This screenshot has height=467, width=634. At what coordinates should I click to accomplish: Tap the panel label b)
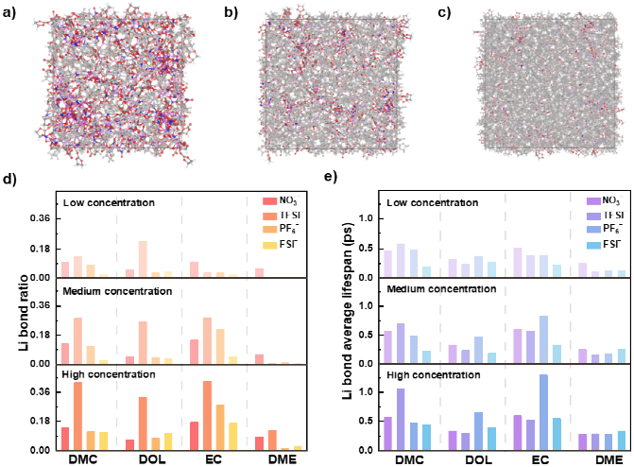[x=229, y=12]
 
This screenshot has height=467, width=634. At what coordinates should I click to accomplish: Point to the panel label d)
[x=9, y=178]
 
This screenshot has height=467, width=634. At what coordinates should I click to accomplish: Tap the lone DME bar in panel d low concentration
[x=259, y=271]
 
